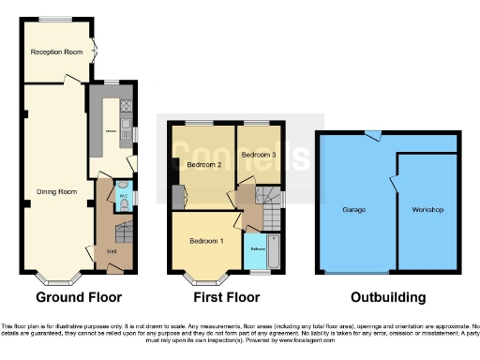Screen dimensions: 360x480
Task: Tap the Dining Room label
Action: point(55,192)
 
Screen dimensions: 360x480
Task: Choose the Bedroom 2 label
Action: point(203,165)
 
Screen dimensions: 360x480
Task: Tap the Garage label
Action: point(354,209)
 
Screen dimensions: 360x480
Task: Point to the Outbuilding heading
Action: point(387,298)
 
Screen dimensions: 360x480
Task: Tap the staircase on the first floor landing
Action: point(269,206)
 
